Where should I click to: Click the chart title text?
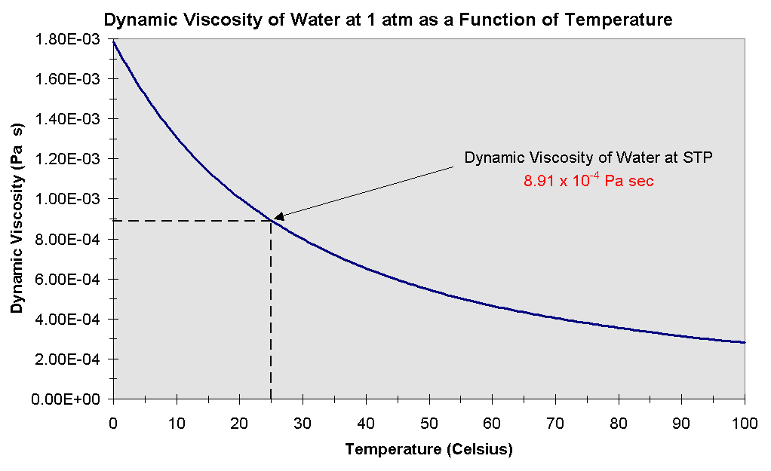coord(388,20)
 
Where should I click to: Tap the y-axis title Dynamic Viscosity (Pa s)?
coord(16,219)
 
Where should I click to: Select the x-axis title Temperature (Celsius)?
coord(429,450)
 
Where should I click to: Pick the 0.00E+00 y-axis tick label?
coord(72,399)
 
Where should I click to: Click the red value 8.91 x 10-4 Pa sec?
coord(588,181)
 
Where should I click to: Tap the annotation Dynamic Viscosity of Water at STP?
coord(588,158)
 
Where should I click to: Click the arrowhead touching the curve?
coord(278,217)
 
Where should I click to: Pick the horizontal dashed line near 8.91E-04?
coord(189,221)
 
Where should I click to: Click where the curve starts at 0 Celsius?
coord(113,42)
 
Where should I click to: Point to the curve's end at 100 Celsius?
coord(745,342)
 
